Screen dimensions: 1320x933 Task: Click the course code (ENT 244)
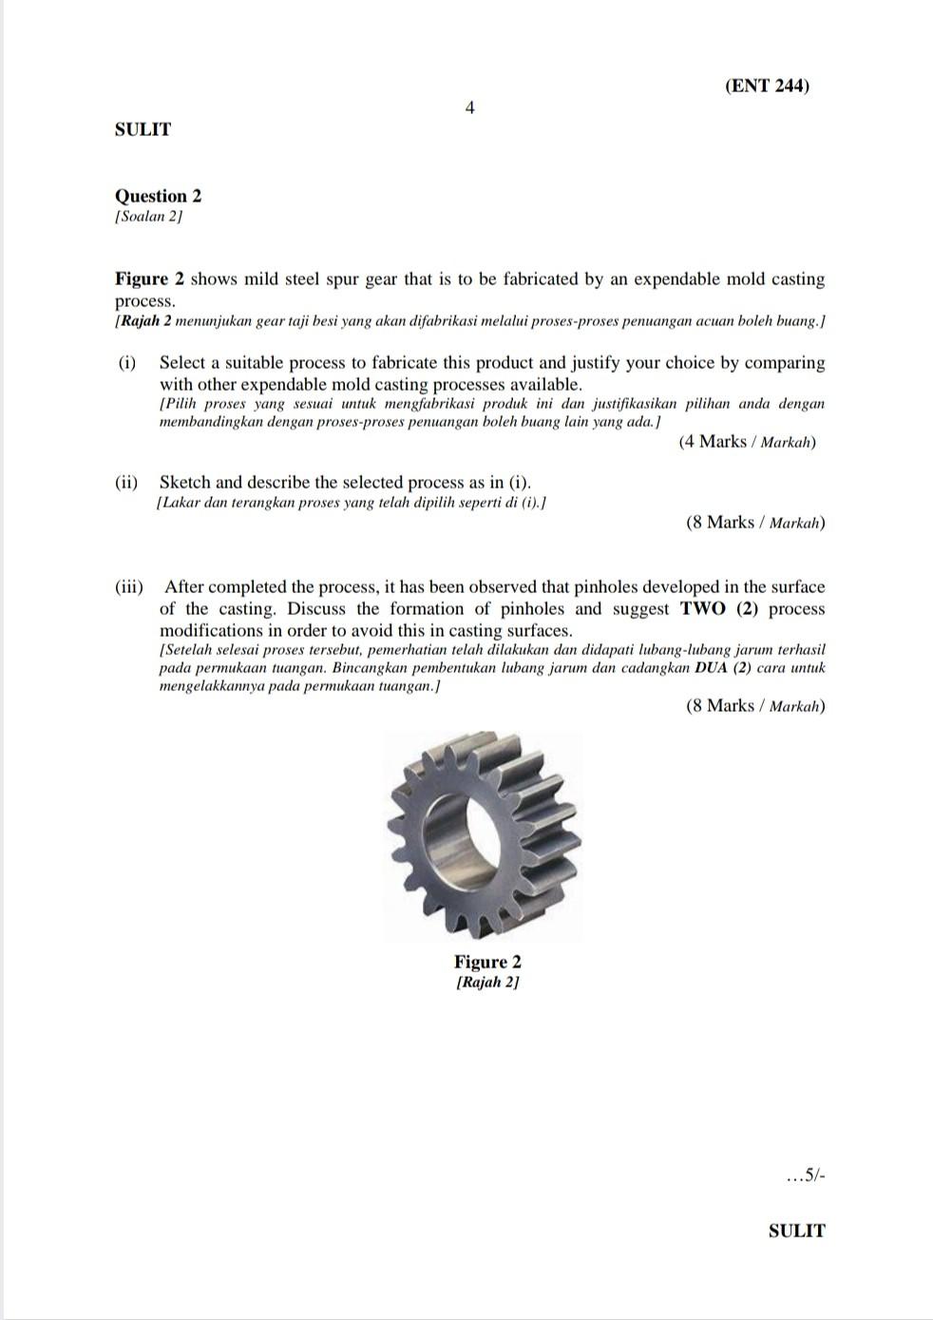coord(767,86)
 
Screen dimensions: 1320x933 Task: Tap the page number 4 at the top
coord(469,107)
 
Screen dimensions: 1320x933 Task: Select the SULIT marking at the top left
coord(143,129)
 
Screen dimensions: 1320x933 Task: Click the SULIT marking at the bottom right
coord(796,1231)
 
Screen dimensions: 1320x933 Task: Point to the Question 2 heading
coord(158,196)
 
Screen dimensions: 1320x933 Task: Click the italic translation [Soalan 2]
coord(148,217)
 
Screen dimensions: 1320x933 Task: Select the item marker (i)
coord(127,363)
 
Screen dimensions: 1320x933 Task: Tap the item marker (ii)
coord(127,483)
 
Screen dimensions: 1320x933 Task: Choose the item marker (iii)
coord(129,587)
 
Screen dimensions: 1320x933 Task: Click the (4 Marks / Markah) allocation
coord(747,442)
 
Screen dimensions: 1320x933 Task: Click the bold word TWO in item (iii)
coord(703,609)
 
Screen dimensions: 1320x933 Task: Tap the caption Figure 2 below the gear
coord(487,962)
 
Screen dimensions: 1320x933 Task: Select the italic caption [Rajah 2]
coord(487,982)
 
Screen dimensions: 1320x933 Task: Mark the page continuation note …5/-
coord(807,1177)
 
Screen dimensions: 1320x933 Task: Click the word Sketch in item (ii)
coord(185,483)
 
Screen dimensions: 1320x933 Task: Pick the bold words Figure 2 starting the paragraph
coord(149,279)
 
